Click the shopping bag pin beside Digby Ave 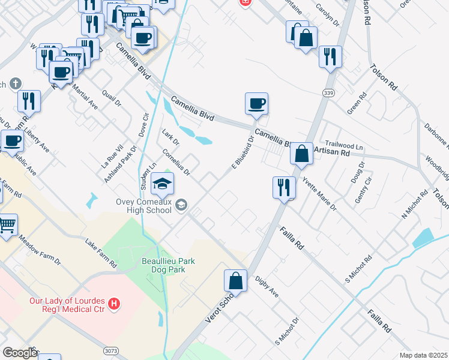pyautogui.click(x=236, y=281)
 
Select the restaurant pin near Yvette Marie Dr pyautogui.click(x=284, y=187)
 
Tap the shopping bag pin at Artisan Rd pyautogui.click(x=301, y=154)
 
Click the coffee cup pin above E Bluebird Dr pyautogui.click(x=256, y=103)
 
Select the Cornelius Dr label pyautogui.click(x=176, y=162)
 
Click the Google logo pyautogui.click(x=20, y=353)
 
